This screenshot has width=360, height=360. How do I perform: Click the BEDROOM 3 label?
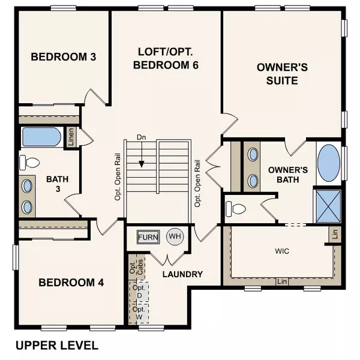click(64, 57)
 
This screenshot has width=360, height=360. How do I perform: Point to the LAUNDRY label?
click(182, 274)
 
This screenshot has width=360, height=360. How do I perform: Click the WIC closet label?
click(282, 251)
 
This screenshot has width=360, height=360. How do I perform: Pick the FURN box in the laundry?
click(148, 237)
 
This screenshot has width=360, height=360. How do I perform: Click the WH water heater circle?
click(175, 236)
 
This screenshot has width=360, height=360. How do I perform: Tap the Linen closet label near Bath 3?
click(70, 137)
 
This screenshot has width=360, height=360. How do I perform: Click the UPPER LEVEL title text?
click(56, 346)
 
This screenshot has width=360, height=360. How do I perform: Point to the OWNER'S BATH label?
click(287, 175)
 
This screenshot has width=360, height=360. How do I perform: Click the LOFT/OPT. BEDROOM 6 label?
click(166, 58)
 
